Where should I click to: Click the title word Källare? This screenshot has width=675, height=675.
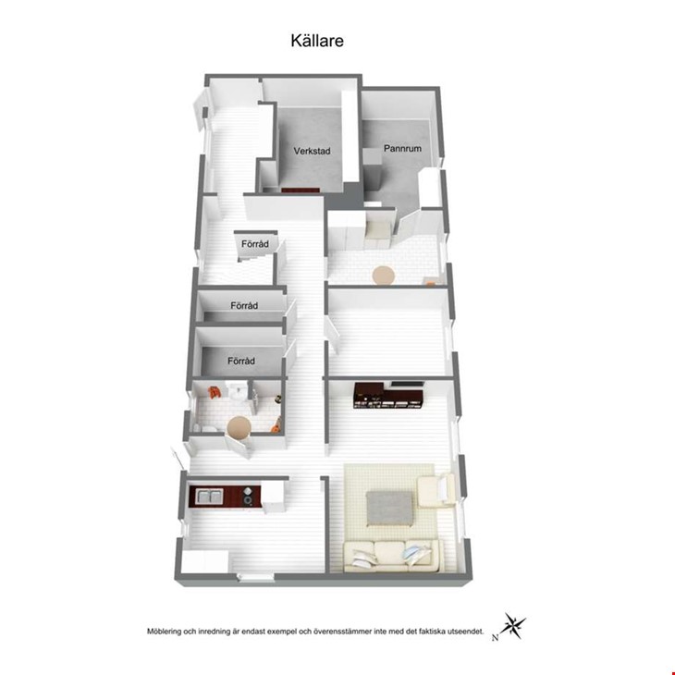tap(317, 41)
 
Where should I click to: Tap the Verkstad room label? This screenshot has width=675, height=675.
tap(313, 151)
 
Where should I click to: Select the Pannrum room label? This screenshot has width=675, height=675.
tap(402, 149)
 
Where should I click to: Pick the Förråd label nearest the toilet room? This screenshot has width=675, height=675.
tap(241, 361)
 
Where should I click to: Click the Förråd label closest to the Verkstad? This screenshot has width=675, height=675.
tap(255, 244)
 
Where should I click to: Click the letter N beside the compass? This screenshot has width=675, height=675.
tap(495, 638)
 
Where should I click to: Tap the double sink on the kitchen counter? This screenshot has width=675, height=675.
tap(209, 496)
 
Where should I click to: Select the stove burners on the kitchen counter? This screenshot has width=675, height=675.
tap(248, 496)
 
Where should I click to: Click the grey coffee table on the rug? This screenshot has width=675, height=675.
tap(387, 509)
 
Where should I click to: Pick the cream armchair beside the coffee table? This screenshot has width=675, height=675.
tap(436, 490)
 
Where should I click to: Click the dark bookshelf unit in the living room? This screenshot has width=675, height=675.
tap(388, 395)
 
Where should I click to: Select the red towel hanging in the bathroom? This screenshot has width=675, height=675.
tap(214, 392)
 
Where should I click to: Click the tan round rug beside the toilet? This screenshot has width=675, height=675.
tap(239, 427)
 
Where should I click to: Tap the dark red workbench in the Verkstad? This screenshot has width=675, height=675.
tap(300, 190)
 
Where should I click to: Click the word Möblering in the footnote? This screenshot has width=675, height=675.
tap(164, 632)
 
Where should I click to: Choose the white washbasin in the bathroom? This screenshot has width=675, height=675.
tap(236, 391)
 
